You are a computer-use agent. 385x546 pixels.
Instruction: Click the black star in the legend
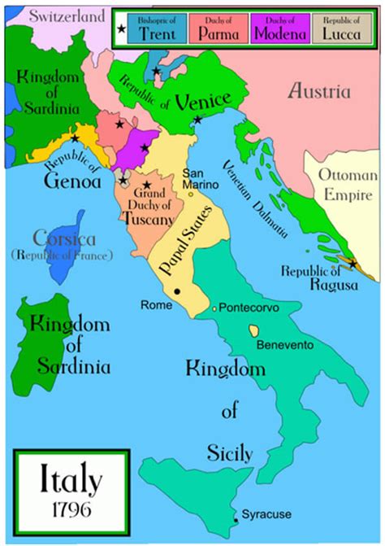(122, 29)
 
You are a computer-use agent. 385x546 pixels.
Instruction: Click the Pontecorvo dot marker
(214, 308)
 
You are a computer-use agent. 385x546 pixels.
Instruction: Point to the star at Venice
(198, 120)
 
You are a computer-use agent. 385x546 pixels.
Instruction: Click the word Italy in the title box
(71, 480)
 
